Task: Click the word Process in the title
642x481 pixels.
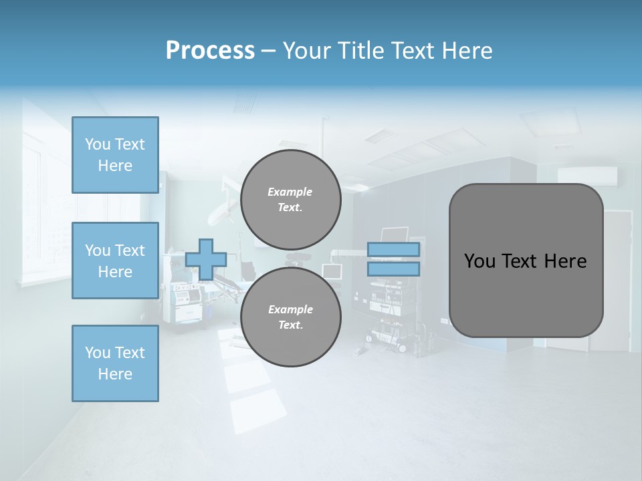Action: pyautogui.click(x=210, y=50)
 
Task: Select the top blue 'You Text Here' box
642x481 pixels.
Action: pyautogui.click(x=115, y=155)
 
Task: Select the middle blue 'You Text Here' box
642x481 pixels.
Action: pyautogui.click(x=115, y=261)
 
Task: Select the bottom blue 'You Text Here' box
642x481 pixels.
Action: pyautogui.click(x=115, y=363)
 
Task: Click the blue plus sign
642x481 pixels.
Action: pyautogui.click(x=206, y=259)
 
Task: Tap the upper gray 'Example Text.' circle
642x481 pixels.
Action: pyautogui.click(x=290, y=199)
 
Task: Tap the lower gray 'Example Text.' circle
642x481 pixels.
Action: pyautogui.click(x=290, y=317)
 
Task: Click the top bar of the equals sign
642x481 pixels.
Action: pyautogui.click(x=393, y=249)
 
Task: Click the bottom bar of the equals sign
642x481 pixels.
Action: pyautogui.click(x=393, y=269)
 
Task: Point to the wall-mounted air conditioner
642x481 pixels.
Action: pyautogui.click(x=587, y=176)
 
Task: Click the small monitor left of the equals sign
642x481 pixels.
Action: pyautogui.click(x=332, y=271)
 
